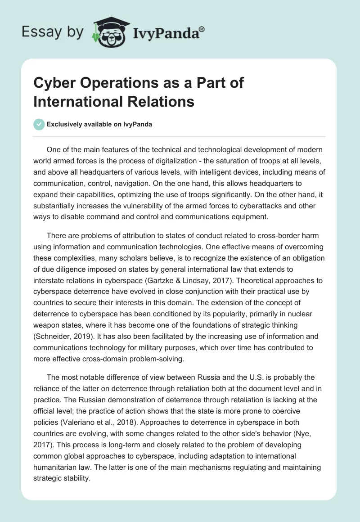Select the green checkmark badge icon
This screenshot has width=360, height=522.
click(39, 124)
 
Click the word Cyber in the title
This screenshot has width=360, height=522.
click(54, 84)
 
